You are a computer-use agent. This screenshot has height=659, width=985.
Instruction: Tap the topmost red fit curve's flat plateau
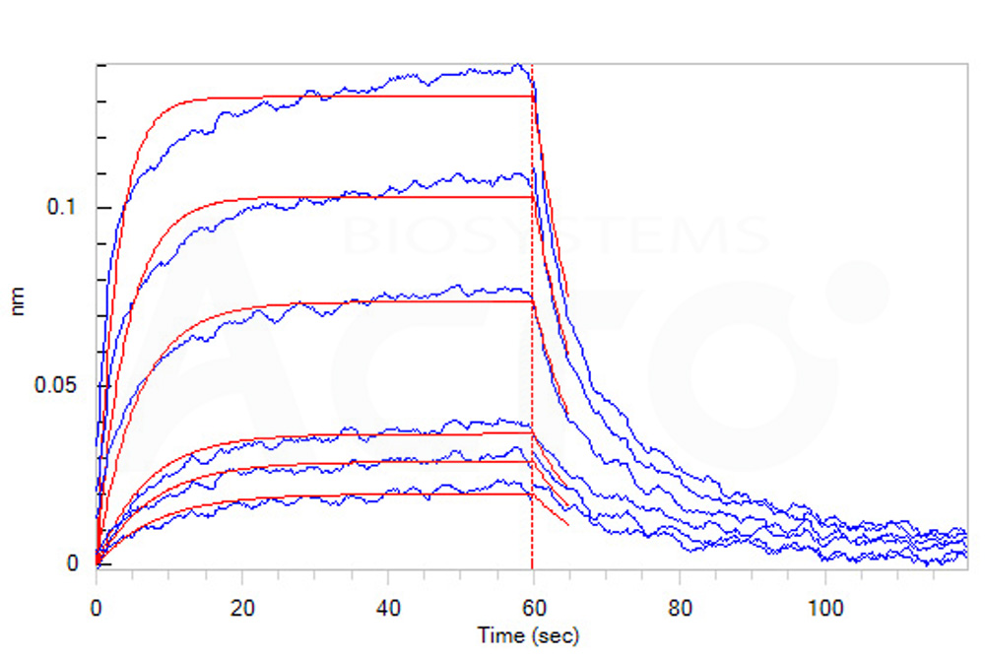345,97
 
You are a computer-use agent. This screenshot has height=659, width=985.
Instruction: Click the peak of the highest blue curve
519,66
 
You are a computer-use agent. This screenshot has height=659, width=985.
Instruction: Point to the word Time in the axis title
495,635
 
